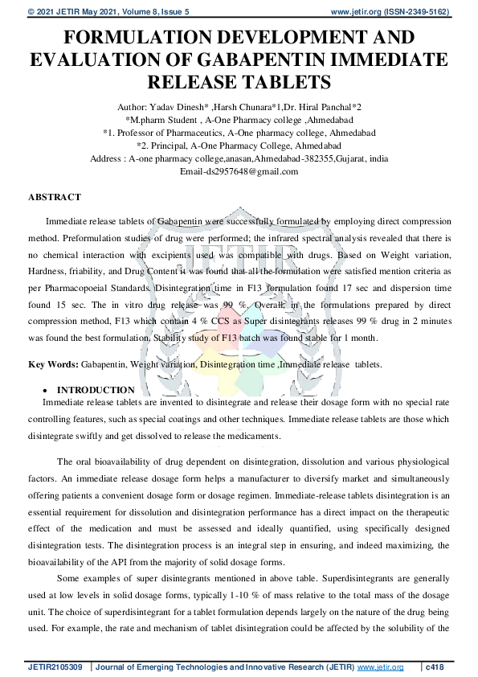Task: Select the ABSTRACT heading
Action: click(55, 197)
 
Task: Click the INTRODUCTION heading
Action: click(102, 390)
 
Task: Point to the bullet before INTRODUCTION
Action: click(62, 390)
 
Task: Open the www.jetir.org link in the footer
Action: click(378, 667)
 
